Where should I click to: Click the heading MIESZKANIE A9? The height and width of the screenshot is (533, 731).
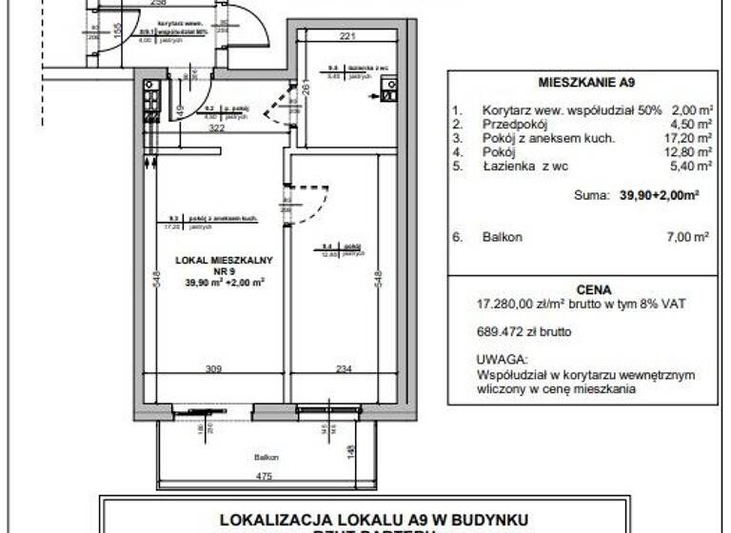click(579, 82)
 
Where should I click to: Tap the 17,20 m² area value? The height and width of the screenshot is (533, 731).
click(691, 137)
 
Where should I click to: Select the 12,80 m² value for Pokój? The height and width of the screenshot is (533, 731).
click(691, 150)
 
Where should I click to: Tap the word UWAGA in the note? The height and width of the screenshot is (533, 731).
click(502, 361)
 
